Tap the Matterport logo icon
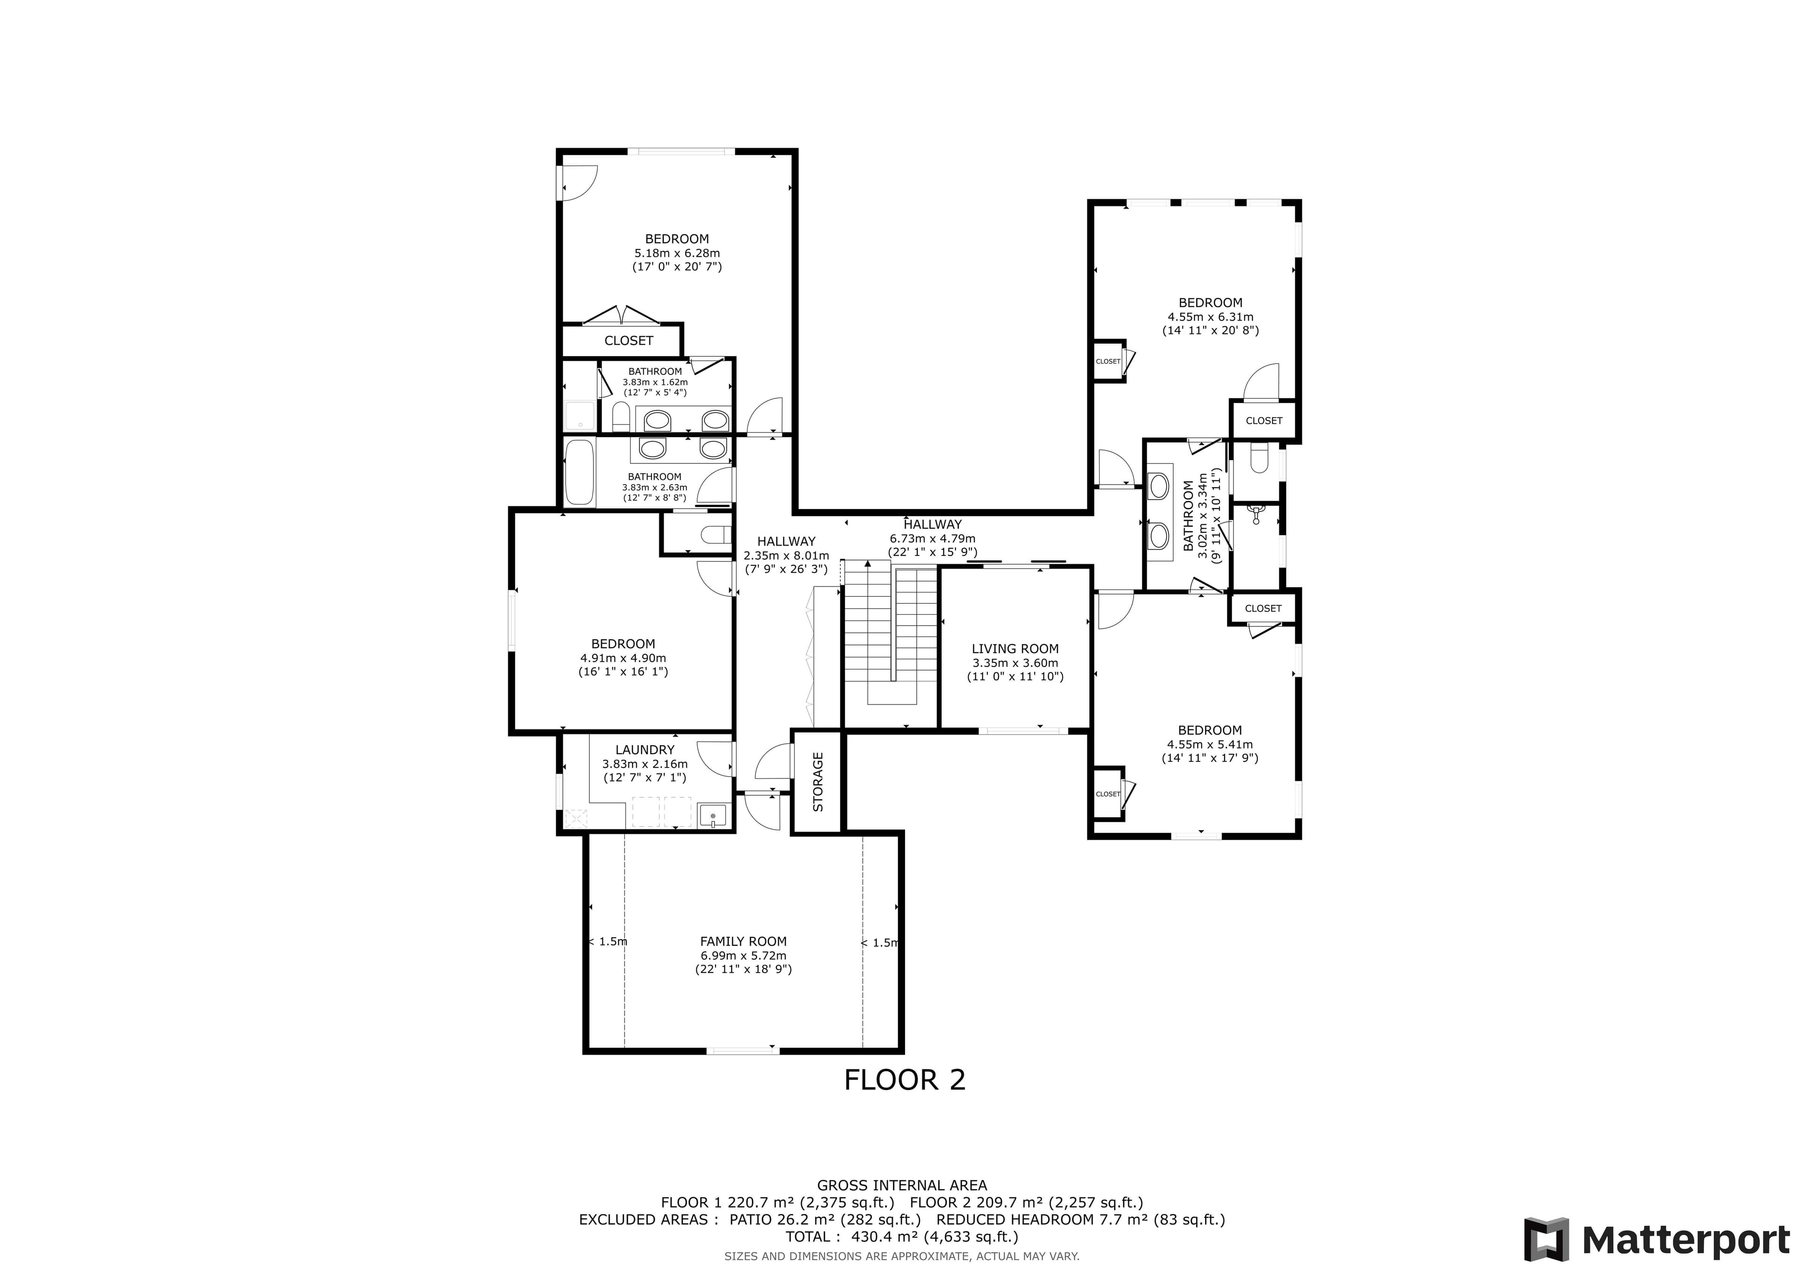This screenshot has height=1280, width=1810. pyautogui.click(x=1547, y=1240)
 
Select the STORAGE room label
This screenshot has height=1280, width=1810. pyautogui.click(x=817, y=782)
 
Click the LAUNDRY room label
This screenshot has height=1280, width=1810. pyautogui.click(x=645, y=750)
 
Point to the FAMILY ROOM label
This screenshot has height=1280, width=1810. pyautogui.click(x=743, y=941)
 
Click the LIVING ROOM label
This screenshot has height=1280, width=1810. pyautogui.click(x=1015, y=649)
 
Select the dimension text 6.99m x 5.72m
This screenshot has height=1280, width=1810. pyautogui.click(x=743, y=955)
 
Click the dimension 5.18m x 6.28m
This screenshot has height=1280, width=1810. pyautogui.click(x=677, y=253)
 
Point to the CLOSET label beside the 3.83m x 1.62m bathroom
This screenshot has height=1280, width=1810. pyautogui.click(x=628, y=341)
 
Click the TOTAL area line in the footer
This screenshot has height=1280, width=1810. pyautogui.click(x=902, y=1237)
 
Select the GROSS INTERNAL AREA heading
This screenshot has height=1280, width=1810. pyautogui.click(x=902, y=1185)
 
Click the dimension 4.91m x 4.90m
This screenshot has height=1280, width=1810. pyautogui.click(x=623, y=658)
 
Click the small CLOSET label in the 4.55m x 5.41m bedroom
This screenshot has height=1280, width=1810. pyautogui.click(x=1108, y=794)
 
